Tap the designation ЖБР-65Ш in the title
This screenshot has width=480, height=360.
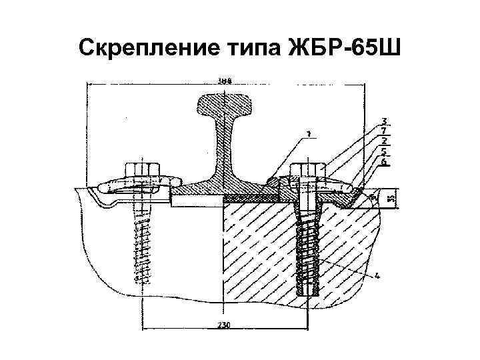pyautogui.click(x=341, y=47)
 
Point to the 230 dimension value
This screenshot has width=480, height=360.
pyautogui.click(x=224, y=325)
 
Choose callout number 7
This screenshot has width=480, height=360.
pyautogui.click(x=384, y=131)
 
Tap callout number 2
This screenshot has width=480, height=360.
pyautogui.click(x=384, y=141)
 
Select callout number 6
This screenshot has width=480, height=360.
pyautogui.click(x=384, y=161)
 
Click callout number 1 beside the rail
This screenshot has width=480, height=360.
pyautogui.click(x=309, y=135)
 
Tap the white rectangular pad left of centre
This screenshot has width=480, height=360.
pyautogui.click(x=195, y=199)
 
